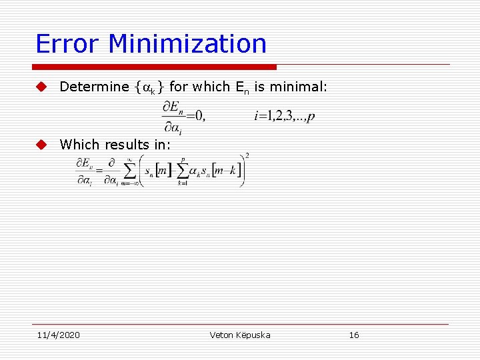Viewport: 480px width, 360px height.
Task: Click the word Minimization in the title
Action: tap(187, 44)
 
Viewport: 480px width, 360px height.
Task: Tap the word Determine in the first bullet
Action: tap(94, 87)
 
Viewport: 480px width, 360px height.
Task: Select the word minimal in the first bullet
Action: tap(303, 87)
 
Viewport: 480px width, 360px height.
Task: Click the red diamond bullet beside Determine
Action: tap(41, 87)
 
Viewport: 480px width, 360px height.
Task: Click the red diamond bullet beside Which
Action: tap(41, 144)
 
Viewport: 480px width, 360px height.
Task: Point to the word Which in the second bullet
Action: tap(79, 144)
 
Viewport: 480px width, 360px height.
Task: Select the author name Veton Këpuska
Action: tap(240, 335)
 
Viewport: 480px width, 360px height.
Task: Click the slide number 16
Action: tap(354, 335)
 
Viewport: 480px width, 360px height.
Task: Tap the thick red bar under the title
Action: tap(155, 67)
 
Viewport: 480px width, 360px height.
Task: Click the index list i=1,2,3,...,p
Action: tap(285, 117)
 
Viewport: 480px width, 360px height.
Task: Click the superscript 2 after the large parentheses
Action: tap(247, 156)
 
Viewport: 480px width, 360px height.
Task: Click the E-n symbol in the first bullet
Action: tap(241, 87)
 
